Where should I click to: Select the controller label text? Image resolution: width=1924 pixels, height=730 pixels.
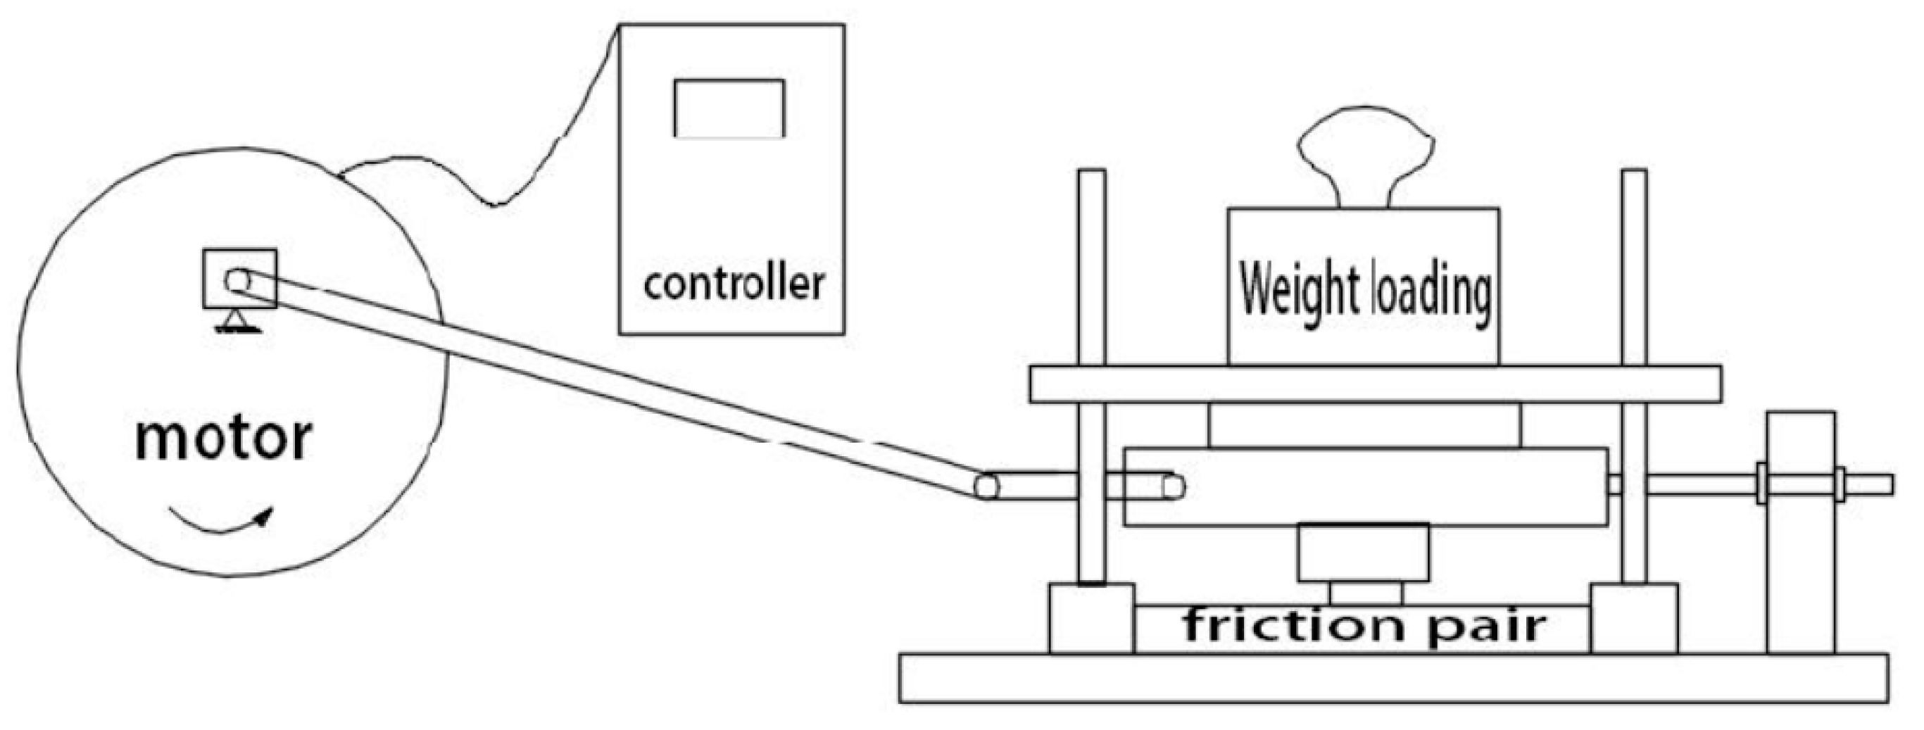click(x=734, y=284)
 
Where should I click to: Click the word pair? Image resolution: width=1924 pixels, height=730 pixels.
click(x=1486, y=626)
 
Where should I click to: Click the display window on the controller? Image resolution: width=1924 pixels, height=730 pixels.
click(x=729, y=108)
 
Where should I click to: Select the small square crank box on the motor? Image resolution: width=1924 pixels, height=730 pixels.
click(x=240, y=279)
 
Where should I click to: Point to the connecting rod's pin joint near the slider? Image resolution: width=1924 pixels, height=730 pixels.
click(x=986, y=487)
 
